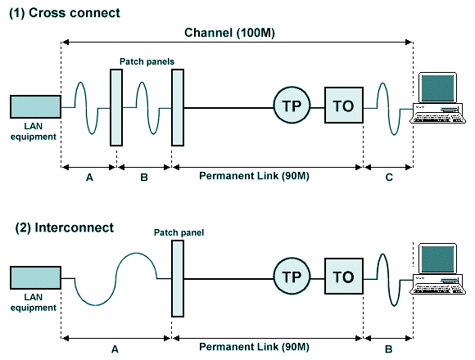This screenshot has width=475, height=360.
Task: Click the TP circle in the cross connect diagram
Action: coord(292,106)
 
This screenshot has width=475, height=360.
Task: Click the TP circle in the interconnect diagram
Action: coord(292,277)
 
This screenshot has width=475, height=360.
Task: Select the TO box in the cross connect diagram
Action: coord(344,106)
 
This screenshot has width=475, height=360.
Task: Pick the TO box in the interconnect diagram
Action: coord(344,277)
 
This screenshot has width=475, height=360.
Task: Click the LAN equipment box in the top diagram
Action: coord(35,106)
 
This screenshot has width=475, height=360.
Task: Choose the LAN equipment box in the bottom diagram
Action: coord(35,277)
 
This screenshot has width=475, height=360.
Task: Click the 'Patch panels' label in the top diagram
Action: coord(147,61)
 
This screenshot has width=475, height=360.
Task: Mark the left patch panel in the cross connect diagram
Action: coord(115,107)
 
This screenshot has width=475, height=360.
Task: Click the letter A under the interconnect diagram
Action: coord(115,348)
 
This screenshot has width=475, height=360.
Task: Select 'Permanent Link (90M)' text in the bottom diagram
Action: coord(266,348)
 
